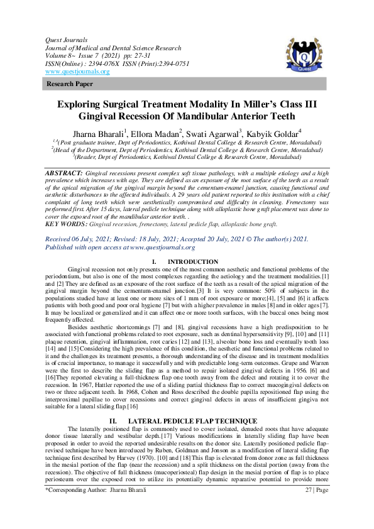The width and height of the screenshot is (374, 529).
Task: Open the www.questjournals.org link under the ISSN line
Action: pyautogui.click(x=77, y=72)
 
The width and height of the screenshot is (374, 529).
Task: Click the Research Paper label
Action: pyautogui.click(x=69, y=84)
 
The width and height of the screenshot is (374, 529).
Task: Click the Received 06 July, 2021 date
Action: pyautogui.click(x=82, y=239)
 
